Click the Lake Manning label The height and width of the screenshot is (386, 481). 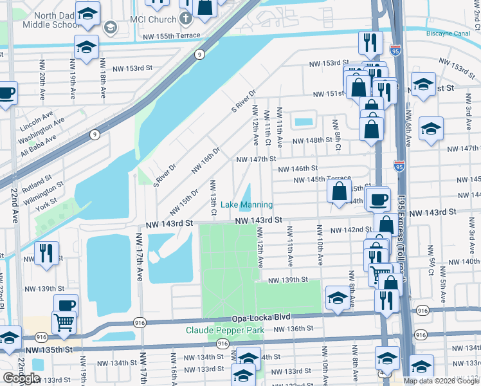[x=247, y=205]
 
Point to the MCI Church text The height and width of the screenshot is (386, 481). [x=152, y=20]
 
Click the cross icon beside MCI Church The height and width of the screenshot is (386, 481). [x=186, y=19]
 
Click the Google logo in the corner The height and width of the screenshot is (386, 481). [x=21, y=378]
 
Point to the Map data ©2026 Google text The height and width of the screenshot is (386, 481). [x=441, y=381]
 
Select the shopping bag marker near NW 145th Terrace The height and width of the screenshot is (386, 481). [x=339, y=190]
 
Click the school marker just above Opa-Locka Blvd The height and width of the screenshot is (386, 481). [x=337, y=297]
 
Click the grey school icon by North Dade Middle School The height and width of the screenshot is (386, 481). [x=110, y=27]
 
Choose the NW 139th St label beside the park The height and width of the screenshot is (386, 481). [x=288, y=280]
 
